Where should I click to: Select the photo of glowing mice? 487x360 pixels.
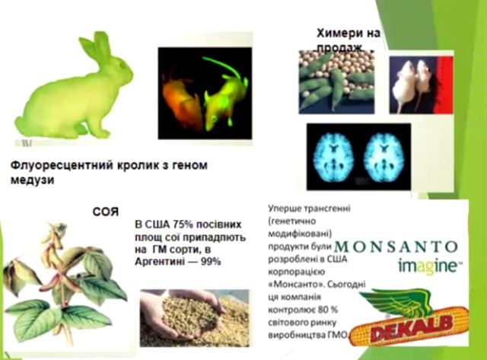pyautogui.click(x=205, y=91)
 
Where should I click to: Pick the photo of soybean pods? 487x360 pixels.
pyautogui.click(x=336, y=83)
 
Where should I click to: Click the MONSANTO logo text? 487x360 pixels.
pyautogui.click(x=396, y=247)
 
